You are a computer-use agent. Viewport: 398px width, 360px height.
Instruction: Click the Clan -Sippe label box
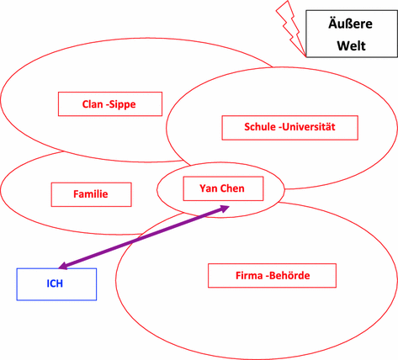coord(109,104)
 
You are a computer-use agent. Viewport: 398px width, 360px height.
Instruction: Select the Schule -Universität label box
coord(289,128)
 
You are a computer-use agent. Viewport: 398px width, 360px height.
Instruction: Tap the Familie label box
coord(91,194)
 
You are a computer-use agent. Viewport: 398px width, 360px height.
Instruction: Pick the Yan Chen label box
coord(222,188)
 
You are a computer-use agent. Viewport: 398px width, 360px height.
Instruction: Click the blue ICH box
coord(56,283)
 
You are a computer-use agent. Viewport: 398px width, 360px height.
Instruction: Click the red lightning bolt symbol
coord(289,25)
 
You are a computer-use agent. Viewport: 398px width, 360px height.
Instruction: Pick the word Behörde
coord(291,275)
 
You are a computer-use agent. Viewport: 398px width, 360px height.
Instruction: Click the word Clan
coord(93,104)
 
